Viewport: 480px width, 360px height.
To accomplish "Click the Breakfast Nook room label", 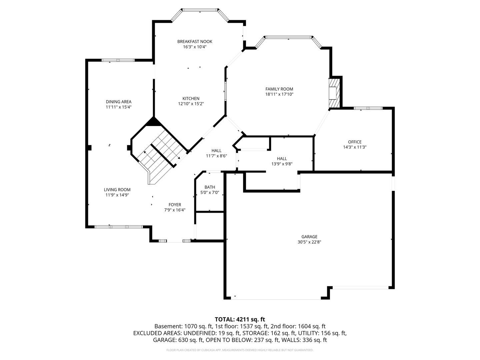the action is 195,42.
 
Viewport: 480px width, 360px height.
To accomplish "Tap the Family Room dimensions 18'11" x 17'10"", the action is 279,94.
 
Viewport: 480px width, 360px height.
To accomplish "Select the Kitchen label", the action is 191,99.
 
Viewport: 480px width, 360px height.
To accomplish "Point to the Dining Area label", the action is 119,102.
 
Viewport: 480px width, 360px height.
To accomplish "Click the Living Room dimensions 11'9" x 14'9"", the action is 117,195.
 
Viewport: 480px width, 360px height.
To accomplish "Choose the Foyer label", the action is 175,205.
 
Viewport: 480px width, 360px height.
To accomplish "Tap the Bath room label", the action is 210,187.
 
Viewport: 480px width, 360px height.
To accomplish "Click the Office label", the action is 355,142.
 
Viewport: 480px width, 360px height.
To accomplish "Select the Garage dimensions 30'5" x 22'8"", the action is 309,242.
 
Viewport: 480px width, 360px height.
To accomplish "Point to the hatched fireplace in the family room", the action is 334,93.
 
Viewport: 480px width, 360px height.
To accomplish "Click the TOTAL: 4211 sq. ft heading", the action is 240,320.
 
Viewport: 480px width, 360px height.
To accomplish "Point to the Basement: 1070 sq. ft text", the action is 183,326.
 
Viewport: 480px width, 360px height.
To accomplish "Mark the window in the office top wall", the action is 368,108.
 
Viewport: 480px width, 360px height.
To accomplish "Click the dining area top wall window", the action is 118,60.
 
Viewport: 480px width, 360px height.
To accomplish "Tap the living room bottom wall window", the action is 119,227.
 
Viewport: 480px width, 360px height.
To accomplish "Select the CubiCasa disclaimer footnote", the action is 240,350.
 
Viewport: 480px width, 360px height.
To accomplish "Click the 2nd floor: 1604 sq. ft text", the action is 298,326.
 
